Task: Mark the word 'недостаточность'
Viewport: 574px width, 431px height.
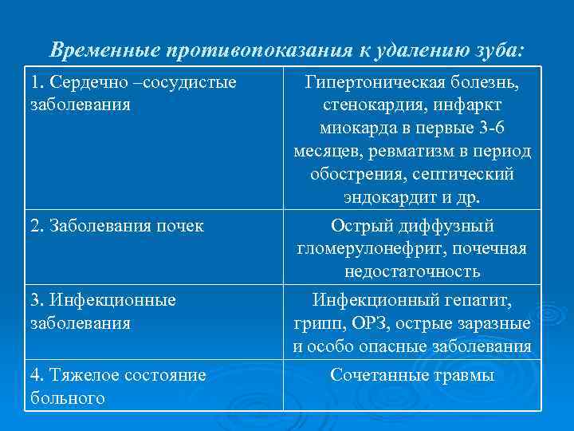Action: (x=412, y=271)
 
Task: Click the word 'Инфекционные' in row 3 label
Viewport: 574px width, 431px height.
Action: (x=103, y=301)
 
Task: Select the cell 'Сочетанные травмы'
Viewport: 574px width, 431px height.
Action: (x=412, y=375)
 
